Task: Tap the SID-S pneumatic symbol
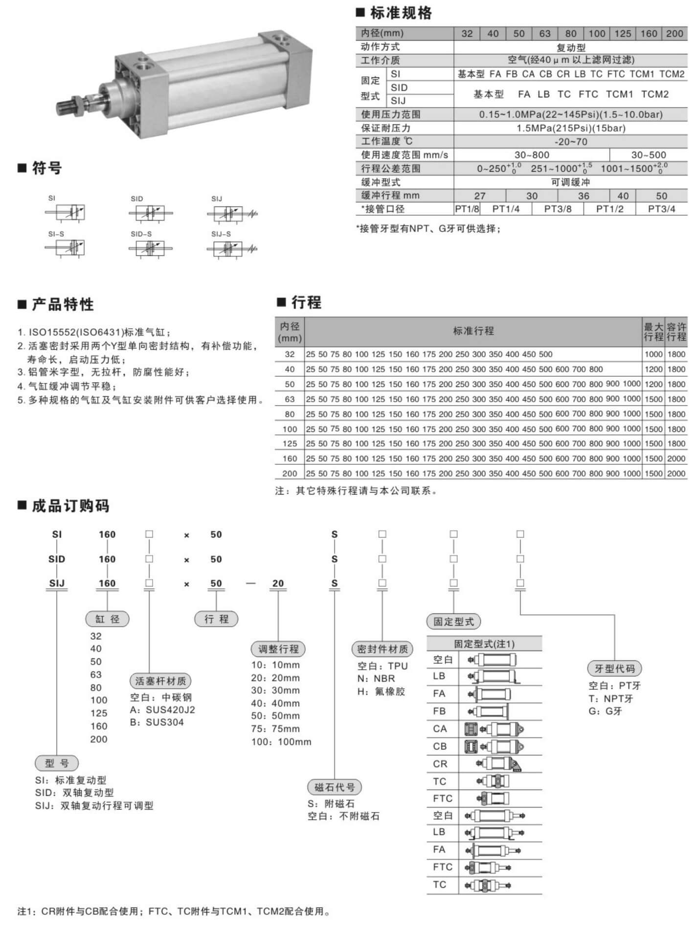pyautogui.click(x=150, y=249)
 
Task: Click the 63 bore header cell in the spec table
pyautogui.click(x=545, y=34)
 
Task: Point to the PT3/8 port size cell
pyautogui.click(x=558, y=209)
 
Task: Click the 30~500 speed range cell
pyautogui.click(x=648, y=155)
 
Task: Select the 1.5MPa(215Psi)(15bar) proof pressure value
pyautogui.click(x=571, y=128)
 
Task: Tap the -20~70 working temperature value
pyautogui.click(x=571, y=142)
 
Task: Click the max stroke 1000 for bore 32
pyautogui.click(x=653, y=354)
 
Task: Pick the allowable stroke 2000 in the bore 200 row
pyautogui.click(x=676, y=474)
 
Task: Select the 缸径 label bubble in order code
pyautogui.click(x=107, y=619)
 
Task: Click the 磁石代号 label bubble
pyautogui.click(x=335, y=787)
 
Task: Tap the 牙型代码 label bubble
pyautogui.click(x=614, y=669)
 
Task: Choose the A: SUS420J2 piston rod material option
pyautogui.click(x=162, y=710)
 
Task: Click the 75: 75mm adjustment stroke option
pyautogui.click(x=275, y=729)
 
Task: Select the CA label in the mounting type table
pyautogui.click(x=440, y=729)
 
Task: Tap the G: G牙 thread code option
pyautogui.click(x=605, y=711)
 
